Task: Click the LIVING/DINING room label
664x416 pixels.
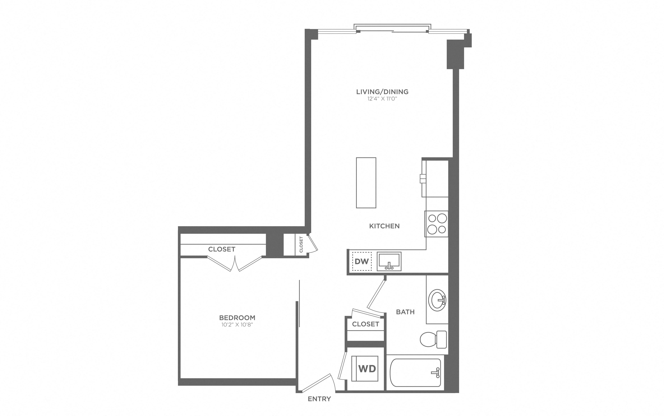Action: [x=382, y=92]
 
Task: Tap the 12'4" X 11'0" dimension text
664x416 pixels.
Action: [x=382, y=99]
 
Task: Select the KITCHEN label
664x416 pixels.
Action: [x=384, y=226]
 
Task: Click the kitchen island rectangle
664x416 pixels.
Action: [x=366, y=183]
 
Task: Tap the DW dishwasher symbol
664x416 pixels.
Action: [x=362, y=261]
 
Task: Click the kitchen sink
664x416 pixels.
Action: [x=389, y=261]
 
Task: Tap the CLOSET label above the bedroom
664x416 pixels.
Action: [x=222, y=249]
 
